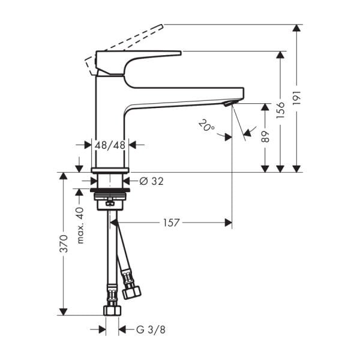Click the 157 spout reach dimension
point(172,223)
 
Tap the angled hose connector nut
point(131,292)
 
